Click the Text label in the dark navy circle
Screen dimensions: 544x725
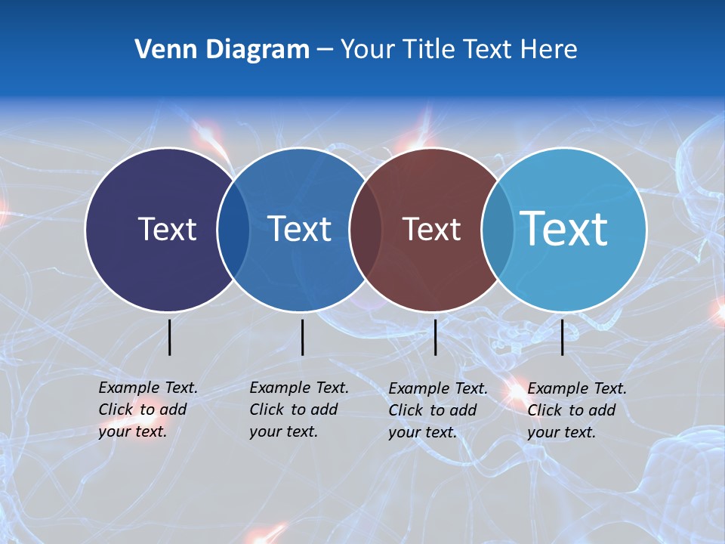click(x=167, y=229)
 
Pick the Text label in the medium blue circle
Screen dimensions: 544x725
click(x=299, y=229)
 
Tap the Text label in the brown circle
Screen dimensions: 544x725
click(x=431, y=229)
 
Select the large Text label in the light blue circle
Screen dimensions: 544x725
click(x=564, y=229)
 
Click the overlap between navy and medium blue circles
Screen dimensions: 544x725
click(x=233, y=230)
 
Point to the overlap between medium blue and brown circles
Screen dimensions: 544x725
click(x=366, y=230)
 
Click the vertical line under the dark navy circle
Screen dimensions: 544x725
click(x=170, y=337)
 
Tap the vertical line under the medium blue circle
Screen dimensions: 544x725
click(x=302, y=337)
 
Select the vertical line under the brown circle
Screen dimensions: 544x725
click(x=435, y=337)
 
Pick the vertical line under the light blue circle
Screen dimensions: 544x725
click(x=563, y=337)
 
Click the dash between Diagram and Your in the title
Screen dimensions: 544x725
click(x=325, y=51)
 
